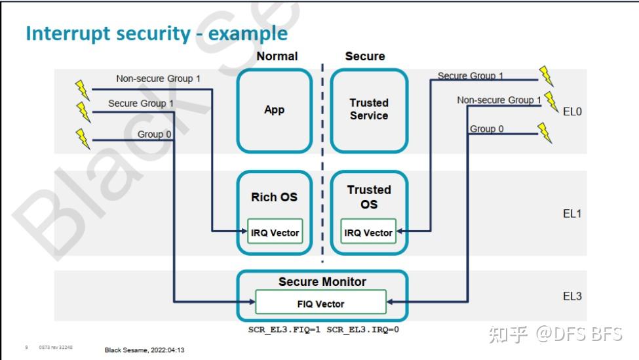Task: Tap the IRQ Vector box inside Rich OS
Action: pyautogui.click(x=275, y=231)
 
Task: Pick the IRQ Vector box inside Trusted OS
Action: pyautogui.click(x=368, y=231)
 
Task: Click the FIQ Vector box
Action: pyautogui.click(x=320, y=302)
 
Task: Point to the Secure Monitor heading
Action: pyautogui.click(x=322, y=282)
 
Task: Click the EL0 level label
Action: pyautogui.click(x=572, y=111)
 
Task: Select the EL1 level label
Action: pyautogui.click(x=572, y=214)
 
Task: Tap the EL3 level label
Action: pyautogui.click(x=572, y=296)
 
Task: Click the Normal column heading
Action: pyautogui.click(x=277, y=56)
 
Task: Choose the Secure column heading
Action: pyautogui.click(x=365, y=56)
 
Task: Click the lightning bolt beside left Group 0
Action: pyautogui.click(x=83, y=138)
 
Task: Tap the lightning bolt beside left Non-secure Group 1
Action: pyautogui.click(x=83, y=90)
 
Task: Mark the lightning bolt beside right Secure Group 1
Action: pyautogui.click(x=546, y=76)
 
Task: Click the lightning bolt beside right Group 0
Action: pyautogui.click(x=545, y=133)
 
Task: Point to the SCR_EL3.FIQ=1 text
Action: pyautogui.click(x=284, y=329)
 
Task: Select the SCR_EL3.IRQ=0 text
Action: pyautogui.click(x=362, y=329)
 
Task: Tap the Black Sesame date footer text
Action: pyautogui.click(x=144, y=350)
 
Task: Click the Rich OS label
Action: pyautogui.click(x=274, y=197)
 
